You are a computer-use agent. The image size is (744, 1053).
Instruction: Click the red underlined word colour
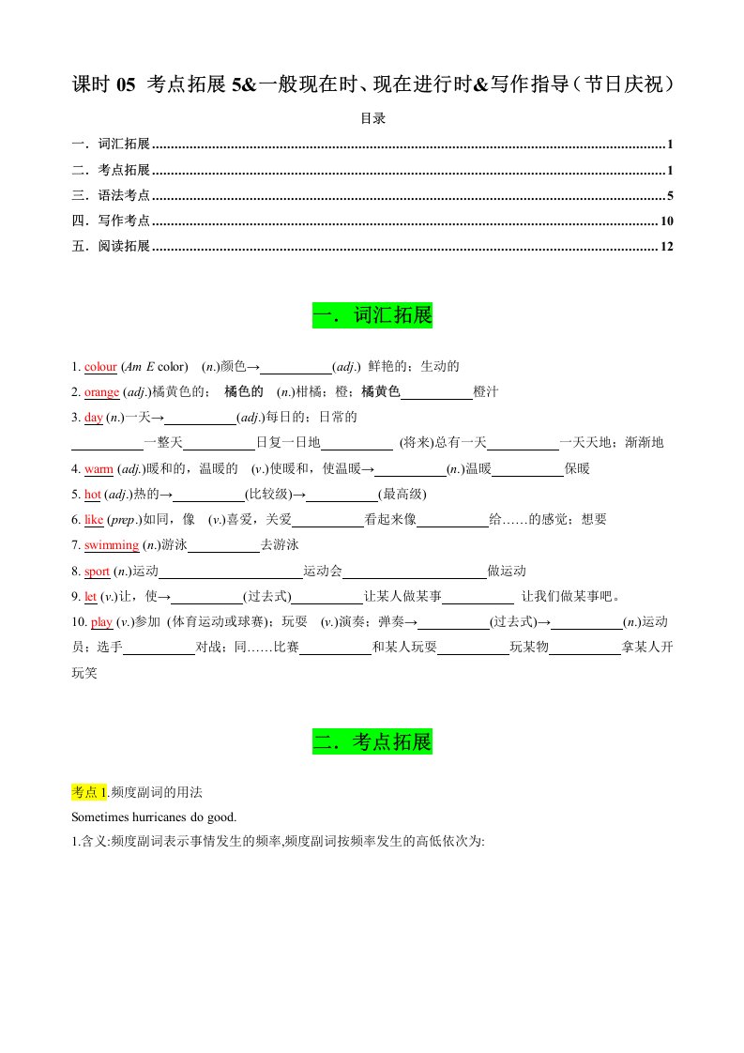click(x=100, y=367)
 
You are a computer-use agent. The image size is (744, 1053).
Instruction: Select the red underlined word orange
click(x=102, y=392)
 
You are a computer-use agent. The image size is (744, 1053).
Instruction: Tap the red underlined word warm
click(x=99, y=468)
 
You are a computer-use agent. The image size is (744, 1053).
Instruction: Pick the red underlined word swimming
click(x=112, y=545)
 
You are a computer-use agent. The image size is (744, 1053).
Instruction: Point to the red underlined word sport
click(x=98, y=571)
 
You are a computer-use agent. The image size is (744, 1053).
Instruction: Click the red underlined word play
click(x=101, y=621)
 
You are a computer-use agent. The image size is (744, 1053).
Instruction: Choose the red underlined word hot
click(x=93, y=494)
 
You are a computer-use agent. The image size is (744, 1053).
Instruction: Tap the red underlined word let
click(x=90, y=596)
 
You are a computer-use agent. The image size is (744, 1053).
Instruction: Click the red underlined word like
click(x=94, y=519)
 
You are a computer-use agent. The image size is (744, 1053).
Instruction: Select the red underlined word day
click(x=93, y=418)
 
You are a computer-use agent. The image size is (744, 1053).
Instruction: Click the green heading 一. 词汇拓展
click(x=372, y=316)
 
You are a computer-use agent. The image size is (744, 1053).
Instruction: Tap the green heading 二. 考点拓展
click(x=372, y=742)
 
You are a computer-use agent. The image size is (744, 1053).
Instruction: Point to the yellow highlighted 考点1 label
click(x=90, y=792)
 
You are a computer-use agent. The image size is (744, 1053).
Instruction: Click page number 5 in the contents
click(x=670, y=196)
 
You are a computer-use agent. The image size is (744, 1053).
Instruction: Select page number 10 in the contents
click(x=667, y=221)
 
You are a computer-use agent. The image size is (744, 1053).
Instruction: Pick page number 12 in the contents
click(x=667, y=247)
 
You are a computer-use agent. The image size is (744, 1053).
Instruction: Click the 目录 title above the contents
click(x=372, y=119)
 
